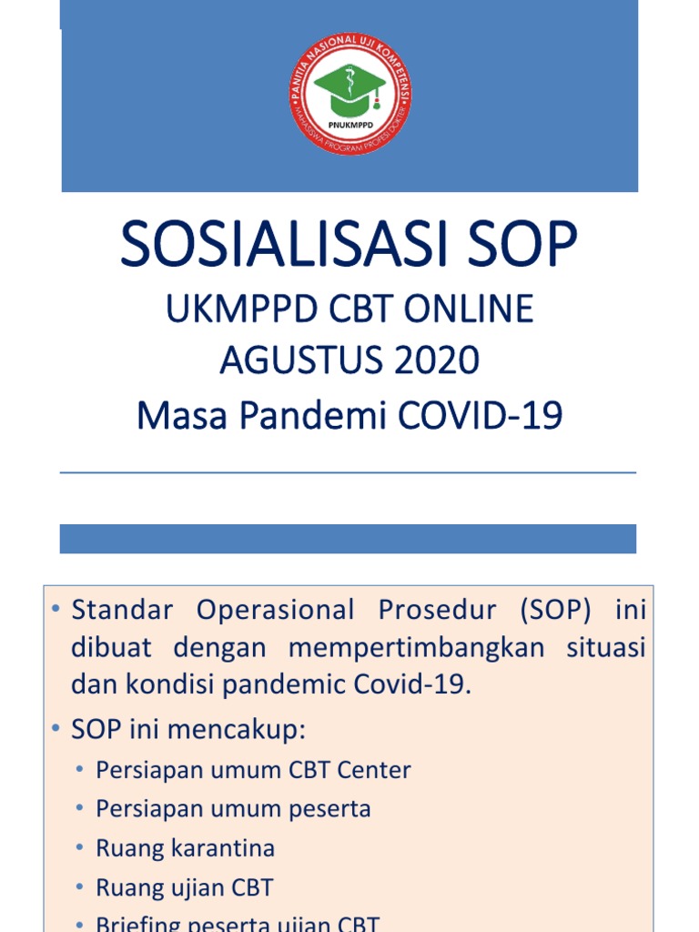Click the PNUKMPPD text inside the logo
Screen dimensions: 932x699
click(349, 126)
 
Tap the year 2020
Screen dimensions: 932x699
click(437, 361)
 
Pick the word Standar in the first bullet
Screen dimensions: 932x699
click(121, 610)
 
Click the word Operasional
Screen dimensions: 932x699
click(276, 610)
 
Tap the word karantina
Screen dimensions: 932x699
click(221, 848)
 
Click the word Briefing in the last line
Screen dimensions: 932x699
click(133, 924)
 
